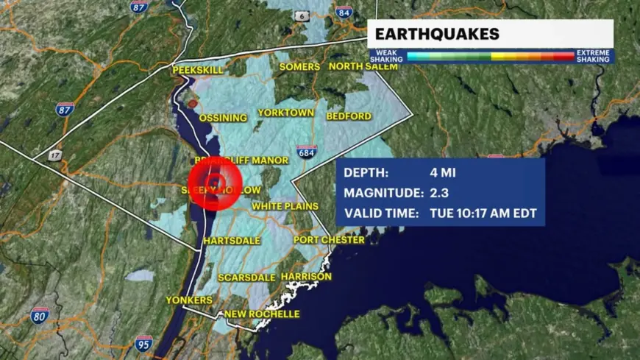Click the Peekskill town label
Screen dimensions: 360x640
click(197, 69)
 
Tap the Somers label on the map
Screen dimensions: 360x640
click(299, 67)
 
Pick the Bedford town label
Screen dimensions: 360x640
click(348, 116)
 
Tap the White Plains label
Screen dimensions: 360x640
click(285, 207)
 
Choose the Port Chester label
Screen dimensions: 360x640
click(329, 240)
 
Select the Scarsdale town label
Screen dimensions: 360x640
click(247, 278)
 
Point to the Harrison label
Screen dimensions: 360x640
click(306, 277)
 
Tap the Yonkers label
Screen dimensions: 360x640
click(189, 300)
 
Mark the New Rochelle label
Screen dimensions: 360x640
click(262, 314)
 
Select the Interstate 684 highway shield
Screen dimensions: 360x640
click(307, 152)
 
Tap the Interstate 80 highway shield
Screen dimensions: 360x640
click(40, 317)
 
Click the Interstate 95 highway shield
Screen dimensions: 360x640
click(144, 342)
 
